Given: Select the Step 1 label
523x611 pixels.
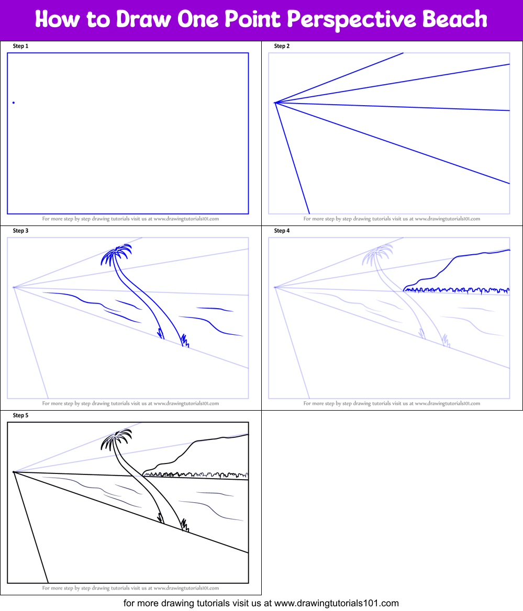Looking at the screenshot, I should click(x=20, y=46).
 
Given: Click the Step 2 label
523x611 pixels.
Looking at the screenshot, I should click(x=282, y=46).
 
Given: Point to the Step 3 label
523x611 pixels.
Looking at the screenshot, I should click(x=20, y=231).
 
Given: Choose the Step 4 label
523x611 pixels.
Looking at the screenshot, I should click(x=282, y=231).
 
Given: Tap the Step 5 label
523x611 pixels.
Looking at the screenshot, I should click(x=20, y=415).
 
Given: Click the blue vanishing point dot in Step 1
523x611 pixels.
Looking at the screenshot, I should click(x=14, y=103).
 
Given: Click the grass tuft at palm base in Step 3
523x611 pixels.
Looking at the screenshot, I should click(x=184, y=341).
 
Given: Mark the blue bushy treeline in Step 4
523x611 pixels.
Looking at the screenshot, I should click(x=455, y=289).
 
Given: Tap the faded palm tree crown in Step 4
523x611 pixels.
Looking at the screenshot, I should click(x=377, y=254).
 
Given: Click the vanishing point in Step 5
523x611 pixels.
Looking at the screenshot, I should click(x=14, y=472).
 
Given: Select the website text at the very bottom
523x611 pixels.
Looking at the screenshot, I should click(x=261, y=603).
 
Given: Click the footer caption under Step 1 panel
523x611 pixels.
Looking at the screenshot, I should click(x=130, y=219).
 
